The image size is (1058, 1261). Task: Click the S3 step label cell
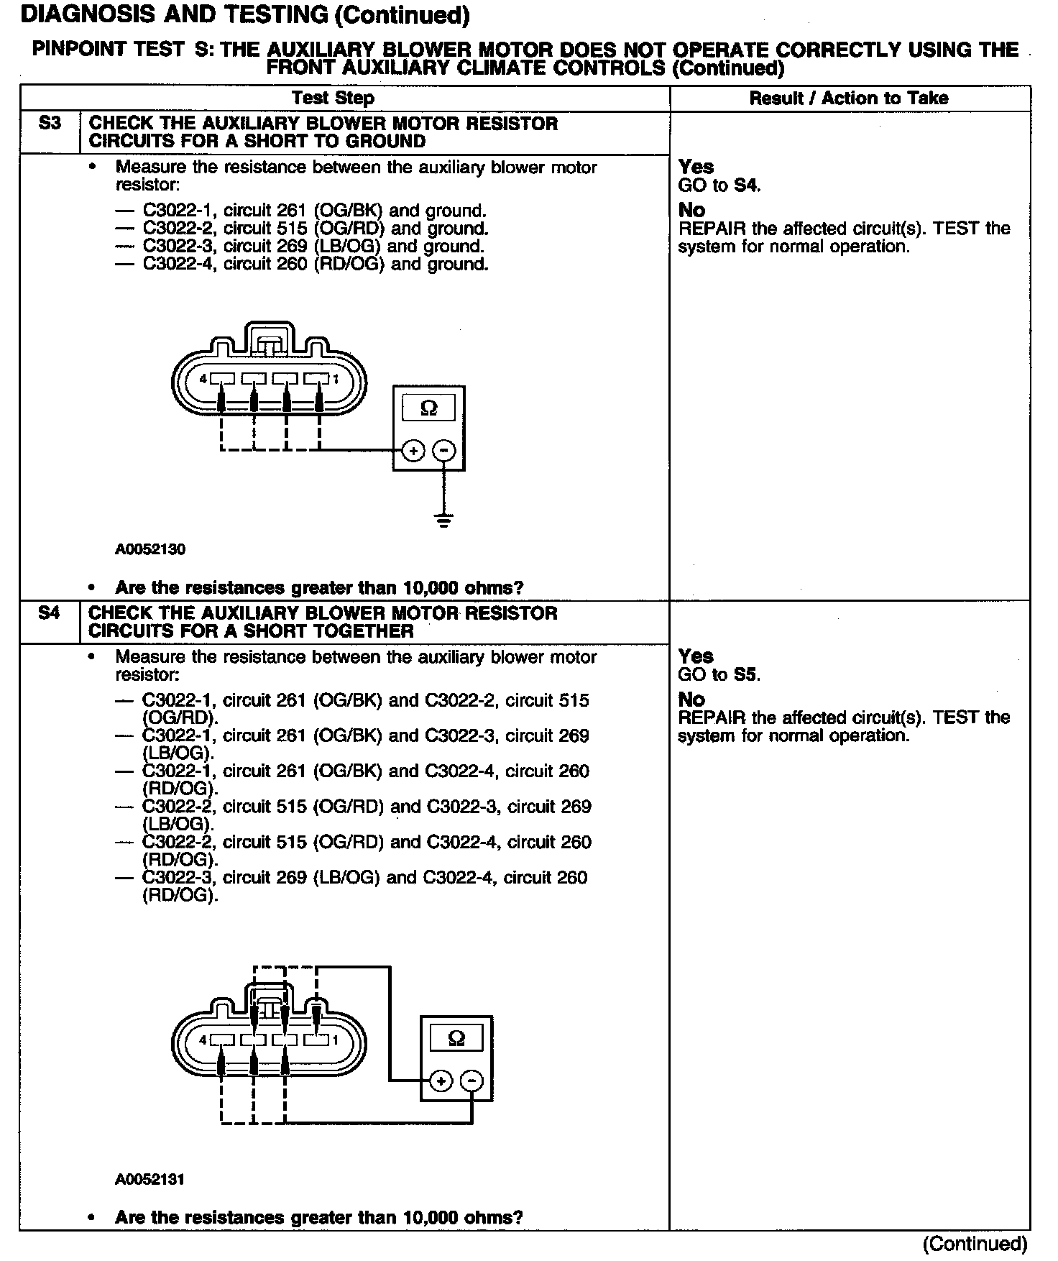(x=49, y=124)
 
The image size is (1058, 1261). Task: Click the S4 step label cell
(x=49, y=613)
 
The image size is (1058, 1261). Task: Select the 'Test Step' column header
(x=333, y=98)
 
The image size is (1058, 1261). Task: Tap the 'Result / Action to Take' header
(x=848, y=98)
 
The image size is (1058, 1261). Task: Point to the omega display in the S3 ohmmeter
(x=428, y=408)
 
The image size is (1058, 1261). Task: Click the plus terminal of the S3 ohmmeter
(x=413, y=451)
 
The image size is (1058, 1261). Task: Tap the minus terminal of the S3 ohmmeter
(x=444, y=451)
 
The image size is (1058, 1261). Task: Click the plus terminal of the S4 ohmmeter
(x=441, y=1081)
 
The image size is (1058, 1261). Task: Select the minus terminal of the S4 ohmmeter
(x=471, y=1081)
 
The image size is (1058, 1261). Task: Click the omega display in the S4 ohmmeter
(x=456, y=1038)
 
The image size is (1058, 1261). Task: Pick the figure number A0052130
(x=149, y=550)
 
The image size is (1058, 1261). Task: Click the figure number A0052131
(x=149, y=1180)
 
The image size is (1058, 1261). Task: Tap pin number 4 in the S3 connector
(x=203, y=379)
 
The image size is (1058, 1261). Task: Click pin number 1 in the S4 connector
(x=335, y=1040)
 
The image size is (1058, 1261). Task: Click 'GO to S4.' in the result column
(x=719, y=185)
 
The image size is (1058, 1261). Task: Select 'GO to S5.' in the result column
(x=719, y=674)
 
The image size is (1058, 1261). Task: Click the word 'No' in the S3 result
(x=691, y=211)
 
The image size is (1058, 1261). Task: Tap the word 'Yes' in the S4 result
(x=695, y=656)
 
